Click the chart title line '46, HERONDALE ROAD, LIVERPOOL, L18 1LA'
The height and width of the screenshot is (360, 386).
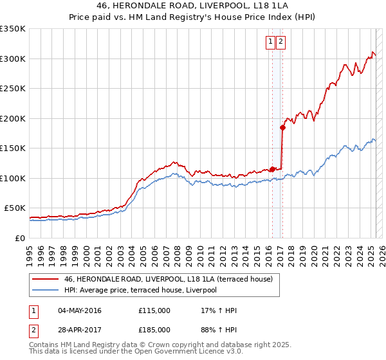click(192, 7)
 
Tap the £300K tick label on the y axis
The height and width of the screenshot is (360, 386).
click(13, 59)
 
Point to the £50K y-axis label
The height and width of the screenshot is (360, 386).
click(15, 208)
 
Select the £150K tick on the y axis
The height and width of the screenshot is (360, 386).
click(13, 148)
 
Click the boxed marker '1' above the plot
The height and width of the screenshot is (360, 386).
click(270, 42)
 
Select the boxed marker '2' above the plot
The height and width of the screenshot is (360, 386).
click(282, 42)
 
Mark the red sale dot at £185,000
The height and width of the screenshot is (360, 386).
click(282, 127)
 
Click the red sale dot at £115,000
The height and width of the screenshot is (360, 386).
click(271, 169)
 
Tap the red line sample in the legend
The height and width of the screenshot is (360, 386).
click(44, 279)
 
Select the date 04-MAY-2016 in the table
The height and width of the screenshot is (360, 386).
click(80, 310)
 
